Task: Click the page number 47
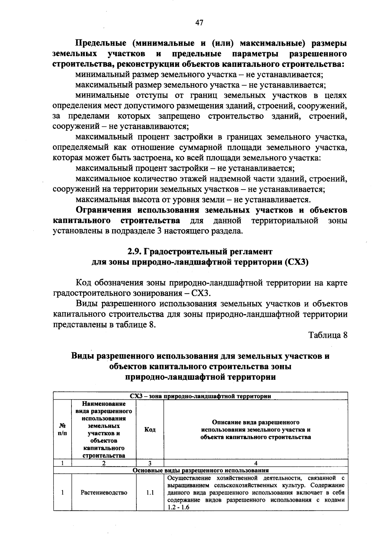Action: pos(199,23)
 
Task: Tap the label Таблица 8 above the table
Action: pos(328,335)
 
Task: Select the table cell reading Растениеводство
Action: pos(104,492)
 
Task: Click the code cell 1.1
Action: pos(150,492)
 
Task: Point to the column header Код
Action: pos(150,429)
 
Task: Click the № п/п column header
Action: pos(62,429)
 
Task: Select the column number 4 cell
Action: pos(255,463)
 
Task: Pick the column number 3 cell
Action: pos(150,463)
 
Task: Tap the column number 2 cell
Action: pos(104,463)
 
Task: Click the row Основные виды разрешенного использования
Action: pos(201,470)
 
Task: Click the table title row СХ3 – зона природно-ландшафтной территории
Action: pos(201,396)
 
